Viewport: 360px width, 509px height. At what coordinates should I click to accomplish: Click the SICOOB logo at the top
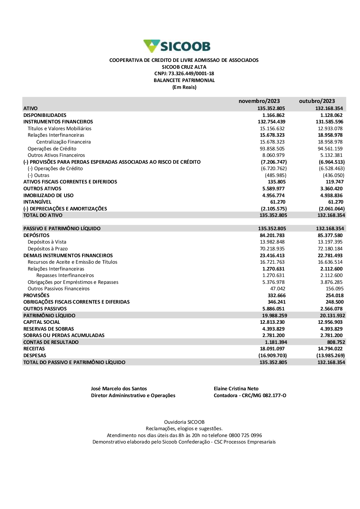[177, 46]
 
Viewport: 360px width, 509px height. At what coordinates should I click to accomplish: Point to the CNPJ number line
[184, 74]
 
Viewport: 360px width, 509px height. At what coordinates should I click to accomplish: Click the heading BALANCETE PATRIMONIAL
[184, 81]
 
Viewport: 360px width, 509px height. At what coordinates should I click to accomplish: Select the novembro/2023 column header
[259, 101]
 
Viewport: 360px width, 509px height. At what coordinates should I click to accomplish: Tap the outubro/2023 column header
[317, 101]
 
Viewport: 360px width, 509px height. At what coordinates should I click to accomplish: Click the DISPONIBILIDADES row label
[45, 115]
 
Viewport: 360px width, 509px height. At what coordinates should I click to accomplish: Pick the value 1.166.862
[273, 115]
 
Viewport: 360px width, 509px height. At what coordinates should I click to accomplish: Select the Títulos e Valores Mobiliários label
[59, 128]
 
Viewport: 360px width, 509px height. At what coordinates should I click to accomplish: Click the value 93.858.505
[272, 149]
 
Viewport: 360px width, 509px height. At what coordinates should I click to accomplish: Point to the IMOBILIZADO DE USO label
[48, 195]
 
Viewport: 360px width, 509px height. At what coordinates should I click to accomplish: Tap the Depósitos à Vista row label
[47, 242]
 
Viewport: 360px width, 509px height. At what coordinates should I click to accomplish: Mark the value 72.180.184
[330, 249]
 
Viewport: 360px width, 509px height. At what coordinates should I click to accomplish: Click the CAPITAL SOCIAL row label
[42, 322]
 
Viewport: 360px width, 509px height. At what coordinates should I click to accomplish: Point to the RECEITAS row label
[34, 349]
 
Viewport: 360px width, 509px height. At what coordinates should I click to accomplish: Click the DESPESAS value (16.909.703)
[273, 355]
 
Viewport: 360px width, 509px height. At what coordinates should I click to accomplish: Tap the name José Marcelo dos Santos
[119, 388]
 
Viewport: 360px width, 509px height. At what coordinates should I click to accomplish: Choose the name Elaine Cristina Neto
[236, 388]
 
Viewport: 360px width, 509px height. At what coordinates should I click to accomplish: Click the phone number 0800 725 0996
[245, 435]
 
